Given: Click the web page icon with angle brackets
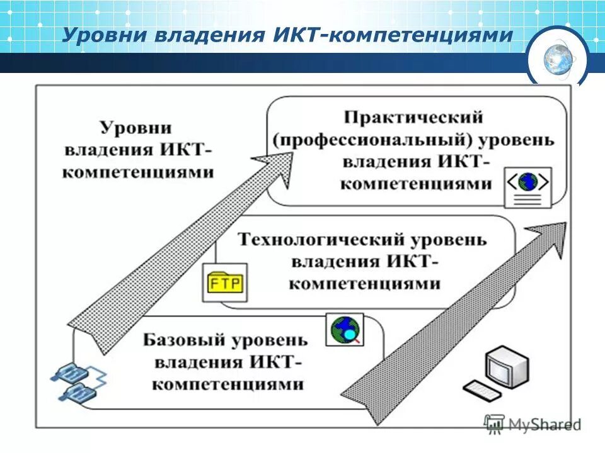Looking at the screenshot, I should point(527,186).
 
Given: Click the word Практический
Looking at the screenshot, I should point(413,117).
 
